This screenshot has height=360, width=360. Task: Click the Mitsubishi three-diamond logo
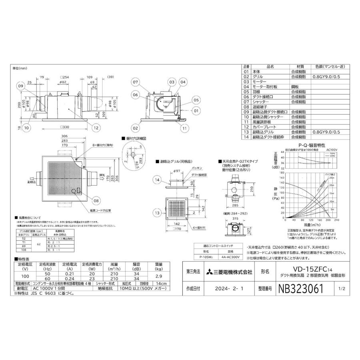210,272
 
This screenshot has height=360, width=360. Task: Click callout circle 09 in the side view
21,86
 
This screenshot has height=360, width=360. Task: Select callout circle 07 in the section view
136,82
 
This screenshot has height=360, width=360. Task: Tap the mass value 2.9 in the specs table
159,277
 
